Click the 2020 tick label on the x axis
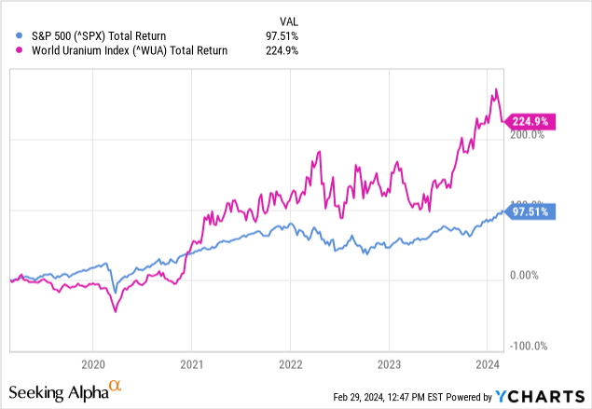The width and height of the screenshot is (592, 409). pos(93,363)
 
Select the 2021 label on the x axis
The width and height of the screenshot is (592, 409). pos(192,363)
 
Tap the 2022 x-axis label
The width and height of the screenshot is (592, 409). pos(291,363)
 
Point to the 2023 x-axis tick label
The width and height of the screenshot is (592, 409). pos(390,363)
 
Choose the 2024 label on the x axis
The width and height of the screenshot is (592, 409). pos(489,363)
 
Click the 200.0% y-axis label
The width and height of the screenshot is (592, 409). pos(527,134)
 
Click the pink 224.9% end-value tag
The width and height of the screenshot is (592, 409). pos(530,120)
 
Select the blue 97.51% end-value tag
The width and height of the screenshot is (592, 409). pos(530,211)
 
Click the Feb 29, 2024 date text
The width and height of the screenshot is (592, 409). pos(368,397)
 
